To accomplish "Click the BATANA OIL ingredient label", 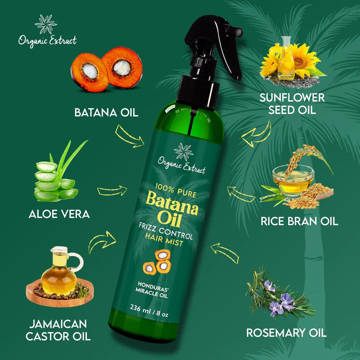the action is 106,112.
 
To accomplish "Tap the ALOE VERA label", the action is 59,214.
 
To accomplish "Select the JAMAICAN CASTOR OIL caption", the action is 58,330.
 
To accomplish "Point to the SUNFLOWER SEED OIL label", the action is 292,104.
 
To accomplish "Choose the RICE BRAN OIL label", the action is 300,221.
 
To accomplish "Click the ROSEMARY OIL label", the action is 286,333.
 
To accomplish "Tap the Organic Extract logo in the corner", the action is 47,31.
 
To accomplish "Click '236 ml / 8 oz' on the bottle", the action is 149,310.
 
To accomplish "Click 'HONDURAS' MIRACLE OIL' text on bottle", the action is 152,289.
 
